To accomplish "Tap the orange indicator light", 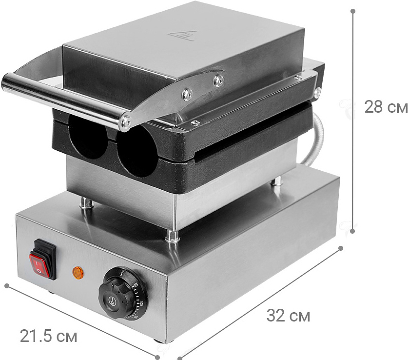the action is click(x=78, y=273).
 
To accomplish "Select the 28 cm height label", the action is click(x=386, y=107).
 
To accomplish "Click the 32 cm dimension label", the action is click(x=288, y=316).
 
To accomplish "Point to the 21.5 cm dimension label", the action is click(x=48, y=336).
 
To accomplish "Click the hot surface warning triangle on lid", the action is click(x=182, y=36).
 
